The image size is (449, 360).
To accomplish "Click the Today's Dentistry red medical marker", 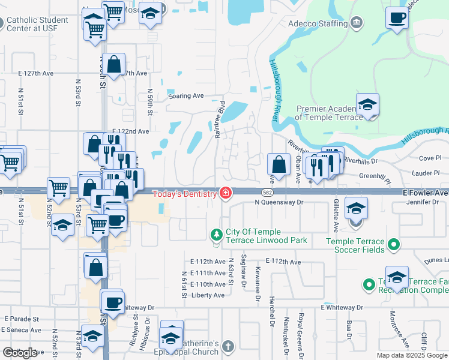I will tap(226, 193).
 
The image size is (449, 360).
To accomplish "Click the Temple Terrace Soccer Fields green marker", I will tap(394, 244).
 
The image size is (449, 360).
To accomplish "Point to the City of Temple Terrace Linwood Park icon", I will tap(217, 233).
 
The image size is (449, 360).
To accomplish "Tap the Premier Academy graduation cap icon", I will tap(367, 105).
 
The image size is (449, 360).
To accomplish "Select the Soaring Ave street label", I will tap(186, 95).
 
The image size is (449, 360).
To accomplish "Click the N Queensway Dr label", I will tap(280, 202).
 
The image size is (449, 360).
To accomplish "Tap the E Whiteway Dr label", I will tap(343, 307).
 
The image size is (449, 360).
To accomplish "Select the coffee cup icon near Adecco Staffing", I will tap(396, 18).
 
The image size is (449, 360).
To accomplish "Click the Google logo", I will tap(20, 353).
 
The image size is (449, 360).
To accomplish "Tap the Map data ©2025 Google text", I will tap(412, 355).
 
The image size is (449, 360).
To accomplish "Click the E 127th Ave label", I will tap(36, 73).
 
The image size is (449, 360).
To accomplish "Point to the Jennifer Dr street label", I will tap(423, 202).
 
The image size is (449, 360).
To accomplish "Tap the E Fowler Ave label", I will tap(425, 193).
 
